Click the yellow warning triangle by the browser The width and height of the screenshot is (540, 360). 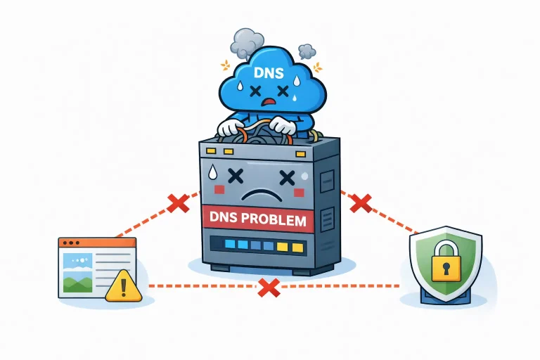124,286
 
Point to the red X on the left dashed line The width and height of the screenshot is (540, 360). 178,203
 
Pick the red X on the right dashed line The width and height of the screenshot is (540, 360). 360,203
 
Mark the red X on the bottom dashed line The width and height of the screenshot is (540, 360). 267,286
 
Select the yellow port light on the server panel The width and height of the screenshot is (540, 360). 283,246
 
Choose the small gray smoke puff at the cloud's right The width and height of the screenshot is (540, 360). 307,51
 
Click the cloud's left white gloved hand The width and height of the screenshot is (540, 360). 230,128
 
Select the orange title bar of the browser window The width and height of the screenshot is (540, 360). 97,243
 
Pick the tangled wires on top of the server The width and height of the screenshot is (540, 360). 257,135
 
